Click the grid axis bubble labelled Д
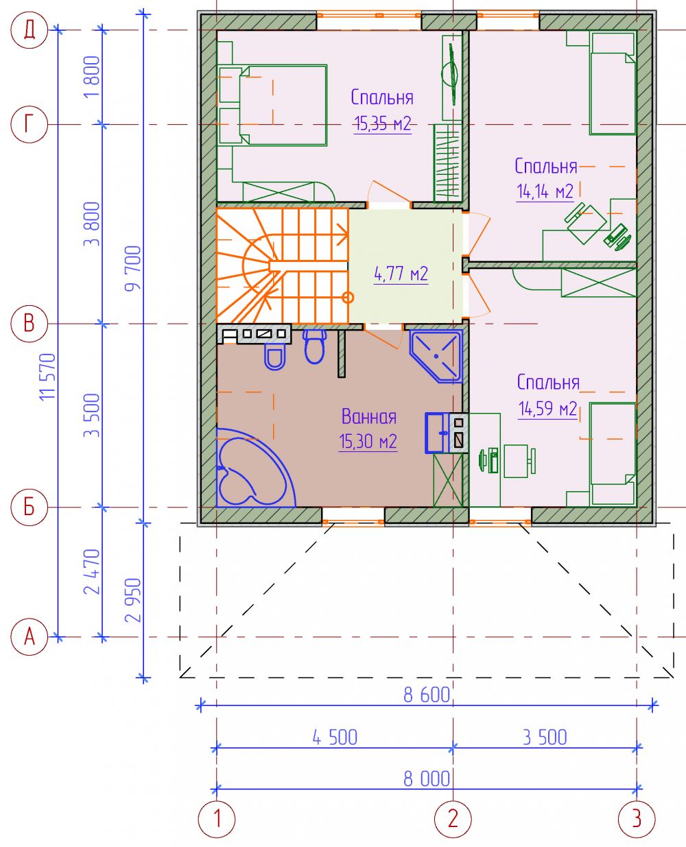pos(29,29)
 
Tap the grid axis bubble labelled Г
pos(29,124)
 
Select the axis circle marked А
pos(29,636)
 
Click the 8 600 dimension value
pos(426,695)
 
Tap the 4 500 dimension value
pos(335,737)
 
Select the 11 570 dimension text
pos(48,377)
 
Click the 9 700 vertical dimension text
pos(133,268)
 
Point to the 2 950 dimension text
pos(133,599)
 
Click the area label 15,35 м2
pos(382,123)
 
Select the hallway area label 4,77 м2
pos(401,274)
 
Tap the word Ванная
pos(369,416)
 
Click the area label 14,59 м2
pos(547,408)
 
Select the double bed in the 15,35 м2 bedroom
pos(273,105)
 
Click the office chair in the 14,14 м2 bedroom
pos(586,223)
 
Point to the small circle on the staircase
pos(348,298)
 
